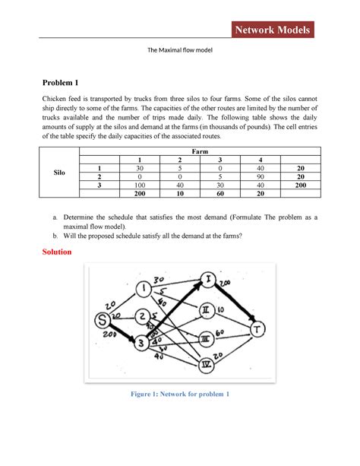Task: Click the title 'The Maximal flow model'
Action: pyautogui.click(x=180, y=51)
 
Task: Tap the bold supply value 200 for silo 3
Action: pyautogui.click(x=302, y=184)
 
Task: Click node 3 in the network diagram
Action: pyautogui.click(x=141, y=344)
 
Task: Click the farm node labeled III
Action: pyautogui.click(x=205, y=338)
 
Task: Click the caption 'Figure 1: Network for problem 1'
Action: pyautogui.click(x=180, y=394)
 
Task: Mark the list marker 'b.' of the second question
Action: pyautogui.click(x=57, y=236)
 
